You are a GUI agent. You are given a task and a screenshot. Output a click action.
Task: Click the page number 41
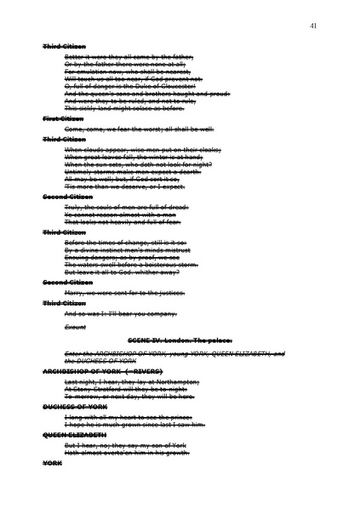click(313, 26)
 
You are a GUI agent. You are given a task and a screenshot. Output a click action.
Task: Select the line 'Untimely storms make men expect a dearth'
click(132, 172)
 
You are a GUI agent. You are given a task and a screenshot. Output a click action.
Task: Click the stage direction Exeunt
click(75, 327)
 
